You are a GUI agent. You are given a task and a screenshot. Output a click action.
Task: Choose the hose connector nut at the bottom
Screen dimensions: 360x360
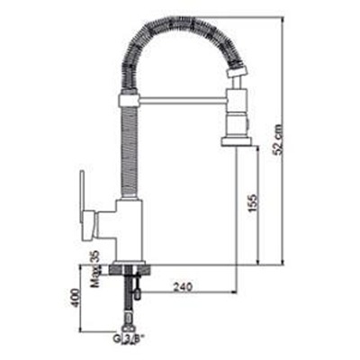coord(128,325)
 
